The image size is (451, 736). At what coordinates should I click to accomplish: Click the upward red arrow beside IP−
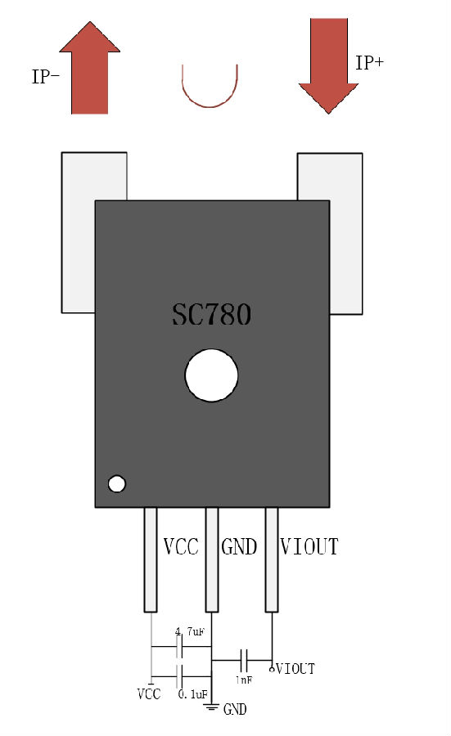click(90, 68)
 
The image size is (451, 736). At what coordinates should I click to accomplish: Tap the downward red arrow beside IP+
click(329, 65)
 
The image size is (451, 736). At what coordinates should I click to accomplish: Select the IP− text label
click(46, 77)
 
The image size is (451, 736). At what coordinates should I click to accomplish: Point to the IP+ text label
click(370, 62)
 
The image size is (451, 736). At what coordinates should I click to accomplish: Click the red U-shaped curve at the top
click(210, 106)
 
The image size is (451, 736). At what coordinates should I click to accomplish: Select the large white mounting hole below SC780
click(211, 375)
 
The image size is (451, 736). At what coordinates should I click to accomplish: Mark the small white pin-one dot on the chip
click(116, 483)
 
